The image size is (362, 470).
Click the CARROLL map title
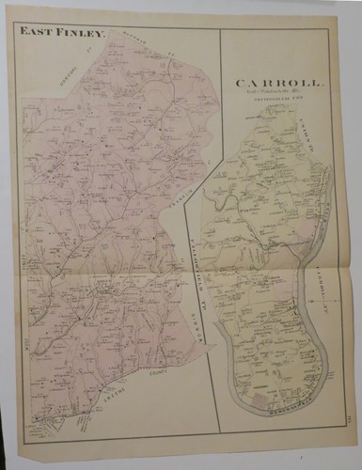[x=279, y=83]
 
